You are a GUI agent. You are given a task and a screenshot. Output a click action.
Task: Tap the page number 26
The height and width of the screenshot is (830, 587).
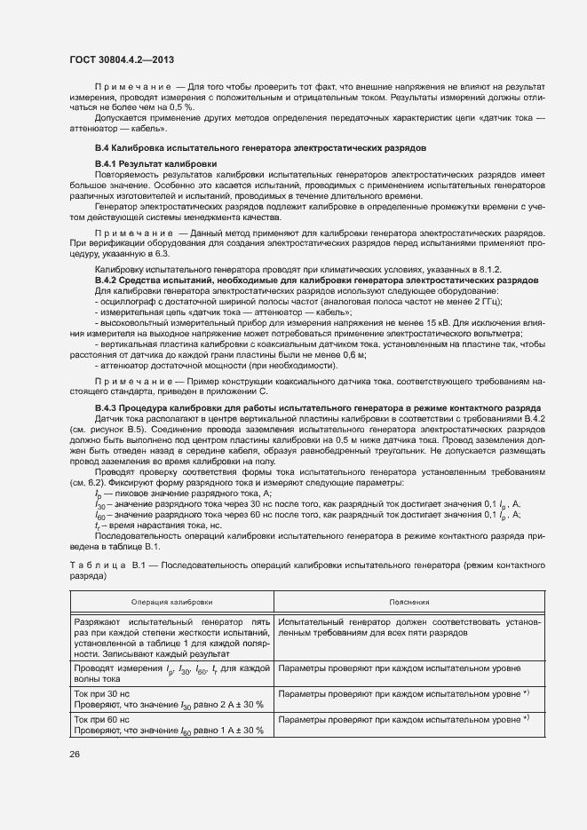[75, 754]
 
